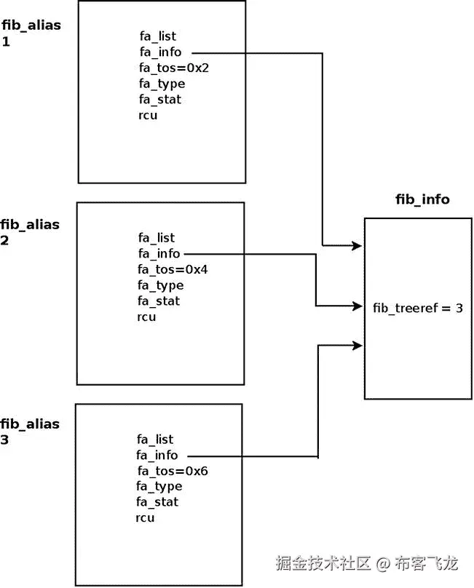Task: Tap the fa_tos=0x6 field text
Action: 172,471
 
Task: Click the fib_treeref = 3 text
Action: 418,308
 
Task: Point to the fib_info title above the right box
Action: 422,199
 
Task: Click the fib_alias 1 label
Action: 31,33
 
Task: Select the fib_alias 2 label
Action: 30,232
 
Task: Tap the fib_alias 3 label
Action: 30,432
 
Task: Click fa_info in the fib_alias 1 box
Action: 160,52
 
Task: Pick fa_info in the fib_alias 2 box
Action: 159,253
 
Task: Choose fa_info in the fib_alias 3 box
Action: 157,455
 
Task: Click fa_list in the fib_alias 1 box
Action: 158,36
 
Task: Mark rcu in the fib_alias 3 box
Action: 145,518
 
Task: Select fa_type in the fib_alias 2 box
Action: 160,285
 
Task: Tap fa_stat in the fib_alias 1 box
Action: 160,99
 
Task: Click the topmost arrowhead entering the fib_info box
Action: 357,246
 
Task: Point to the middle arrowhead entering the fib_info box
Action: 357,306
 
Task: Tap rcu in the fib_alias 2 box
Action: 146,317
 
